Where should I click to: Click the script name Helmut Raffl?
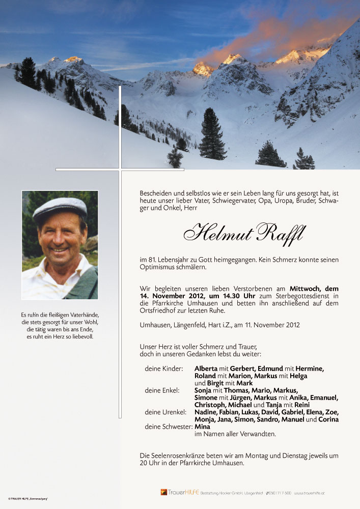tap(244, 234)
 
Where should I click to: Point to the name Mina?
tap(203, 427)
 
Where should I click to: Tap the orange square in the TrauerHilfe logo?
tap(163, 492)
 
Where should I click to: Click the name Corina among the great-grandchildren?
tap(328, 419)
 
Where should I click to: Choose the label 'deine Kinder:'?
tap(163, 369)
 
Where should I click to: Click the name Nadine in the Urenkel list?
tap(206, 412)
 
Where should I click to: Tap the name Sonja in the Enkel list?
tap(203, 390)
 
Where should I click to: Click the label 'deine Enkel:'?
tap(162, 390)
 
